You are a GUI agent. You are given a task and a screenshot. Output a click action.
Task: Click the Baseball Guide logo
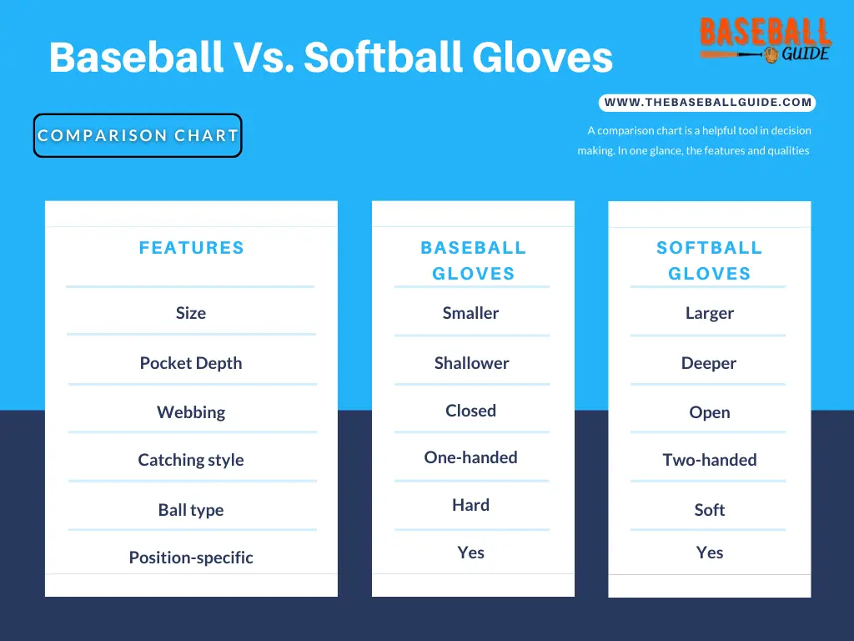(x=765, y=40)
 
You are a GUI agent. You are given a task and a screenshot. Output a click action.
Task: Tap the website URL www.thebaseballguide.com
(x=707, y=103)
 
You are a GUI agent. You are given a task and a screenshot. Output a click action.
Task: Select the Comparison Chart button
(x=138, y=136)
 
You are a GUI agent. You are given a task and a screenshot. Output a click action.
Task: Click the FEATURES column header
(x=191, y=248)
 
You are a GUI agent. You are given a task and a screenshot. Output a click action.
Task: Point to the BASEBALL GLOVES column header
(x=473, y=260)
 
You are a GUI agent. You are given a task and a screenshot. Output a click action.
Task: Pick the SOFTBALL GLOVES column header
(x=709, y=260)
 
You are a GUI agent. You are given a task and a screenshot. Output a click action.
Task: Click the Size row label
(x=190, y=313)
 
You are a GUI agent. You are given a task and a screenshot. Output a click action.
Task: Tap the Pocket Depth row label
(x=190, y=363)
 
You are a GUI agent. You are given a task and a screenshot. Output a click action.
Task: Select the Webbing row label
(x=190, y=412)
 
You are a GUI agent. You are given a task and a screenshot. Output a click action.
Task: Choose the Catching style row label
(x=190, y=460)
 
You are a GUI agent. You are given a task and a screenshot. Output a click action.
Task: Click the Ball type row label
(x=190, y=510)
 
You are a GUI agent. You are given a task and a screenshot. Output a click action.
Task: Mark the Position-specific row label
(x=190, y=558)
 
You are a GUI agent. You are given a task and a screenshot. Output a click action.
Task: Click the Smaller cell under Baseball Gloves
(x=470, y=313)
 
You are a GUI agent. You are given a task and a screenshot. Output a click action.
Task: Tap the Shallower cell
(x=471, y=363)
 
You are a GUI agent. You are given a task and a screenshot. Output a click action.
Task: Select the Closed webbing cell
(x=470, y=411)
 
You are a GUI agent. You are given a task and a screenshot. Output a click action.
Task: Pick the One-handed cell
(x=470, y=457)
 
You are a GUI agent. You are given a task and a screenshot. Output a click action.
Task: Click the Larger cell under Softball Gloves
(x=709, y=313)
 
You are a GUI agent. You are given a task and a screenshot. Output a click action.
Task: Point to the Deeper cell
(x=709, y=363)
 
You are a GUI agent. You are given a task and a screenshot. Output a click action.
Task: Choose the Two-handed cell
(x=709, y=460)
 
